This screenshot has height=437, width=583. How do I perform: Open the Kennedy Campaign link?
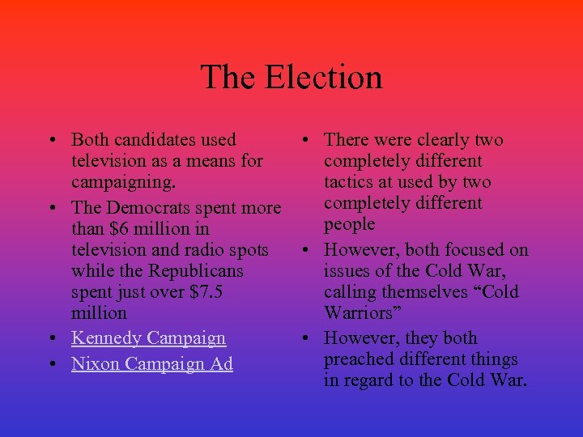click(148, 337)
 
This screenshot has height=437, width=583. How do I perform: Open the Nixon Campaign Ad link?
click(152, 364)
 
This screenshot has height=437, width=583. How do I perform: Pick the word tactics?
click(351, 182)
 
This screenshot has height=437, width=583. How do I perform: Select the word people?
click(350, 224)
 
